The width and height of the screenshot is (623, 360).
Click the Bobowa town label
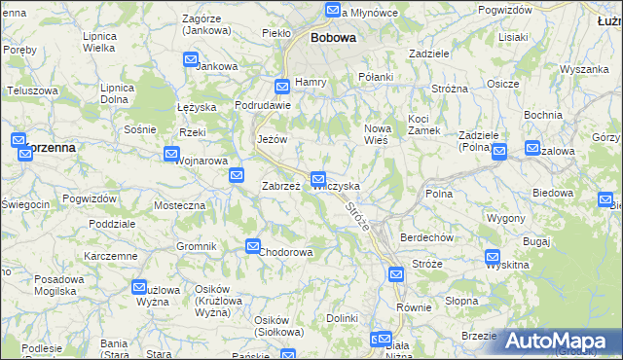coord(333,38)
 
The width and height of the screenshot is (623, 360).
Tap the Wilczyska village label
coord(337,186)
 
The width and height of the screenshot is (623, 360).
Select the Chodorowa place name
coord(286,253)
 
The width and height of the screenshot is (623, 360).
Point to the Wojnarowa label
coord(202,162)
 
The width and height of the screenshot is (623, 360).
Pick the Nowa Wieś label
coord(377,134)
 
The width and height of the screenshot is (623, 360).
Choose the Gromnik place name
coord(196,246)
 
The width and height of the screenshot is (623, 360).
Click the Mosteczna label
coord(180,206)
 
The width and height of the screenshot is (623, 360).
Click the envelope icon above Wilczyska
coord(318,179)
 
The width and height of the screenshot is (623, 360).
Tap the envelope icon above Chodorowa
coord(253,247)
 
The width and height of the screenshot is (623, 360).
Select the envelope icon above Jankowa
coord(192,60)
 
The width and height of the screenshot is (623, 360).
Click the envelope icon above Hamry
coord(282,86)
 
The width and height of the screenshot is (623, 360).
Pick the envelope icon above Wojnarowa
coord(172,154)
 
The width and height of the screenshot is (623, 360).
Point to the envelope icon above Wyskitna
coord(494,257)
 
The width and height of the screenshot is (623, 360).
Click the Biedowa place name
coord(554,193)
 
